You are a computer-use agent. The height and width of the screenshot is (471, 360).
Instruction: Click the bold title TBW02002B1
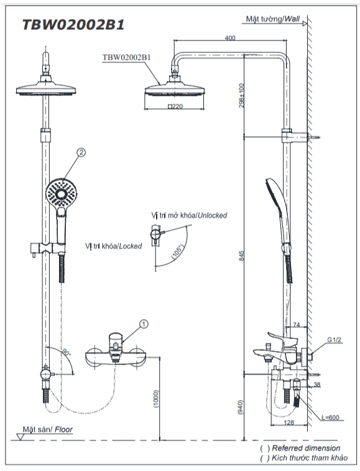click(73, 25)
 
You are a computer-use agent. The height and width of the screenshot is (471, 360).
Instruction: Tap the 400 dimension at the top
click(230, 38)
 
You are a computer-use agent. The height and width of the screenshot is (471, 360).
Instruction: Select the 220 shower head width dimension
click(175, 106)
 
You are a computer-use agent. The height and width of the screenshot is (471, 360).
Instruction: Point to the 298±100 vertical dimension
click(241, 96)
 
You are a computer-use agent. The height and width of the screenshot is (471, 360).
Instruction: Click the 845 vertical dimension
click(242, 256)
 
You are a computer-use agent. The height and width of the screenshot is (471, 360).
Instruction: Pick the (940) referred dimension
click(240, 408)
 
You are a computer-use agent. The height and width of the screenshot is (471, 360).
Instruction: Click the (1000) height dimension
click(156, 399)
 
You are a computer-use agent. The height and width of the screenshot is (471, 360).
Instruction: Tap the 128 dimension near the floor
click(288, 422)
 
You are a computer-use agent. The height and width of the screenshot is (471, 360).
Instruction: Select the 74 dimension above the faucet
click(296, 325)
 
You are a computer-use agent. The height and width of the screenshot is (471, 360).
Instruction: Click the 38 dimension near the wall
click(316, 385)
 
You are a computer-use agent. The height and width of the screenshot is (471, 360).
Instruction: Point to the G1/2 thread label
click(334, 340)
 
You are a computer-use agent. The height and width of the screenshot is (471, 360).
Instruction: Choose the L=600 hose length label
click(330, 417)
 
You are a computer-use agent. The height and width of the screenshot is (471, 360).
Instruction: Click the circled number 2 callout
click(81, 152)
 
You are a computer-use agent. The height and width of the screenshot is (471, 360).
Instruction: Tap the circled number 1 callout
click(144, 324)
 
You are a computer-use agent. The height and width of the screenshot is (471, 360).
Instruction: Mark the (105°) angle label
click(177, 252)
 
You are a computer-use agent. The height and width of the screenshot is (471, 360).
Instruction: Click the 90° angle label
click(67, 353)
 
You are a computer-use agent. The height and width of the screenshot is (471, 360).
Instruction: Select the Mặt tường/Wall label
click(272, 19)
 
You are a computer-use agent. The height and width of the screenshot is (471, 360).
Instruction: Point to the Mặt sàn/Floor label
click(48, 429)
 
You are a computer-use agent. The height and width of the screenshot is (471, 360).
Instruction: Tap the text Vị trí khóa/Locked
click(113, 246)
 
